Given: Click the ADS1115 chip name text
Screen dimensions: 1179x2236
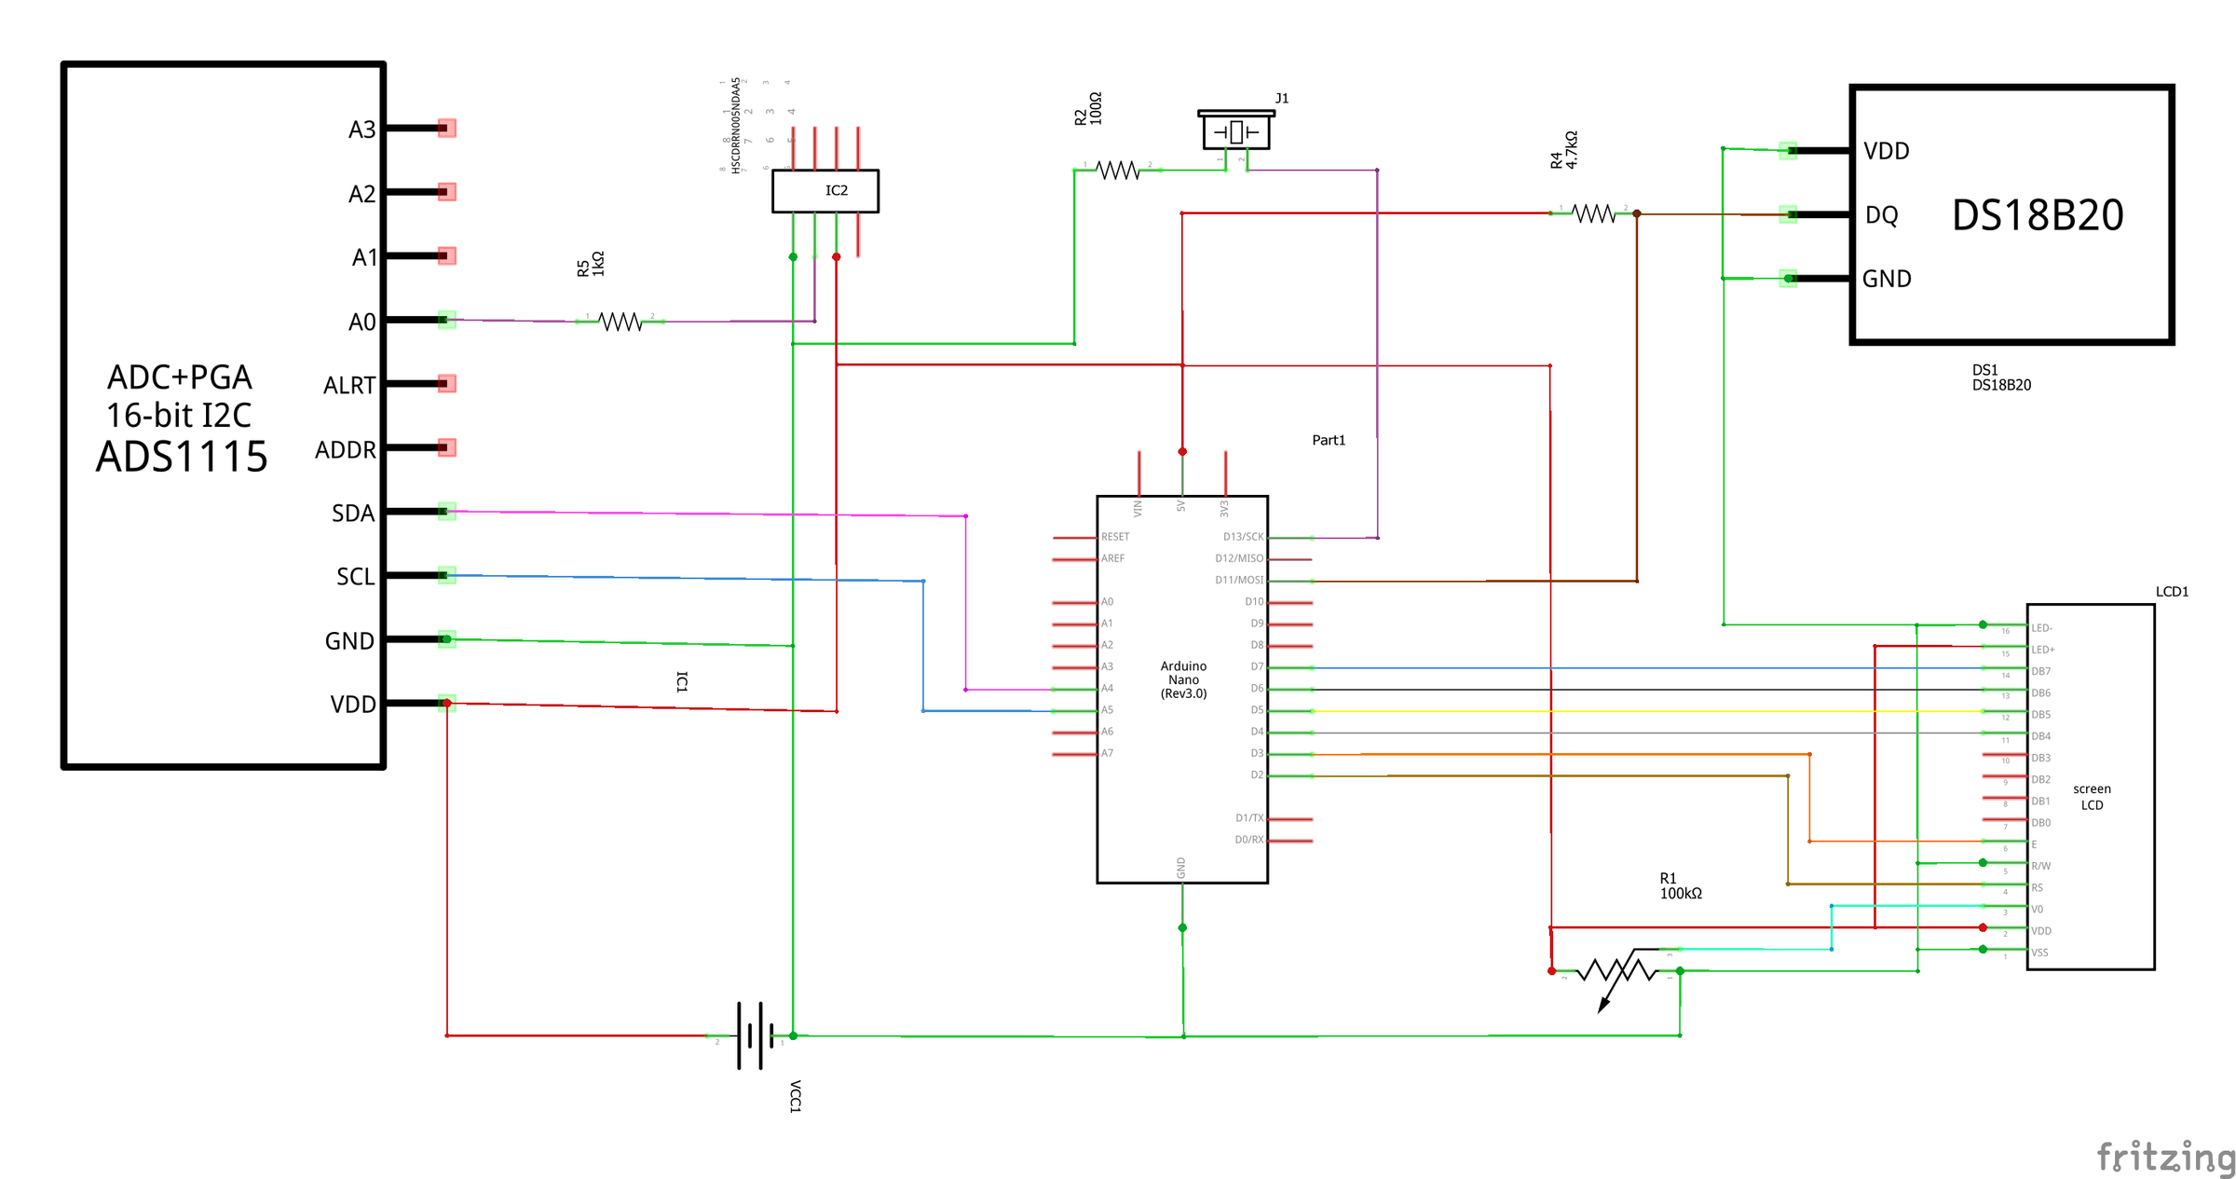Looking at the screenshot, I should (182, 457).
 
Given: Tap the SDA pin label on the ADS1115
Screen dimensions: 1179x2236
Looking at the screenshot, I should (353, 514).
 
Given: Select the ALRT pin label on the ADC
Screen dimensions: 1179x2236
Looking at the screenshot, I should (349, 386).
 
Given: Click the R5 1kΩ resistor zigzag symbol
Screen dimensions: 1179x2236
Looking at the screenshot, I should (620, 322).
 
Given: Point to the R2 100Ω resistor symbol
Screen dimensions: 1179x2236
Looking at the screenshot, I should (1118, 171).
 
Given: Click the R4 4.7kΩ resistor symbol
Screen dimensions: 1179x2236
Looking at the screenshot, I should (1594, 213).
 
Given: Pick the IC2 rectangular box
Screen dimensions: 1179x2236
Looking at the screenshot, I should (825, 191).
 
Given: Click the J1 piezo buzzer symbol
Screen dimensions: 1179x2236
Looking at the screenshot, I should (1236, 131).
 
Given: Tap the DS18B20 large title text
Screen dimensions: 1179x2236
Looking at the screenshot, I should (2038, 215).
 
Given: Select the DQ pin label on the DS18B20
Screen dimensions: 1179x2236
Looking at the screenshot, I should (1881, 215).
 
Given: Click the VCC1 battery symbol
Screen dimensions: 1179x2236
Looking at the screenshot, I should (755, 1035).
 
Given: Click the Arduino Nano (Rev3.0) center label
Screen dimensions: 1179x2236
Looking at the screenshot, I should (1183, 679).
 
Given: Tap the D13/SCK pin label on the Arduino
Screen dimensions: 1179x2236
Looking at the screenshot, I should (1243, 537).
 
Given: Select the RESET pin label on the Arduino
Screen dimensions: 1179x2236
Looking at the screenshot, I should (1115, 537).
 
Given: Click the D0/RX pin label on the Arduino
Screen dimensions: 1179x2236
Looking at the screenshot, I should (1248, 840).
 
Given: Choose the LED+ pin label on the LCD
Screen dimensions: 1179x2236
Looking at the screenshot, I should (2042, 650).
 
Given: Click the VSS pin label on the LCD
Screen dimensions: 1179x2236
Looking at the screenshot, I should (2039, 953).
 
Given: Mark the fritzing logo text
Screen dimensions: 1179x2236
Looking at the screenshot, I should (2164, 1157).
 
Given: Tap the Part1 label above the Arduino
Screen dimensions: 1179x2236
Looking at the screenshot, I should (1329, 440).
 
